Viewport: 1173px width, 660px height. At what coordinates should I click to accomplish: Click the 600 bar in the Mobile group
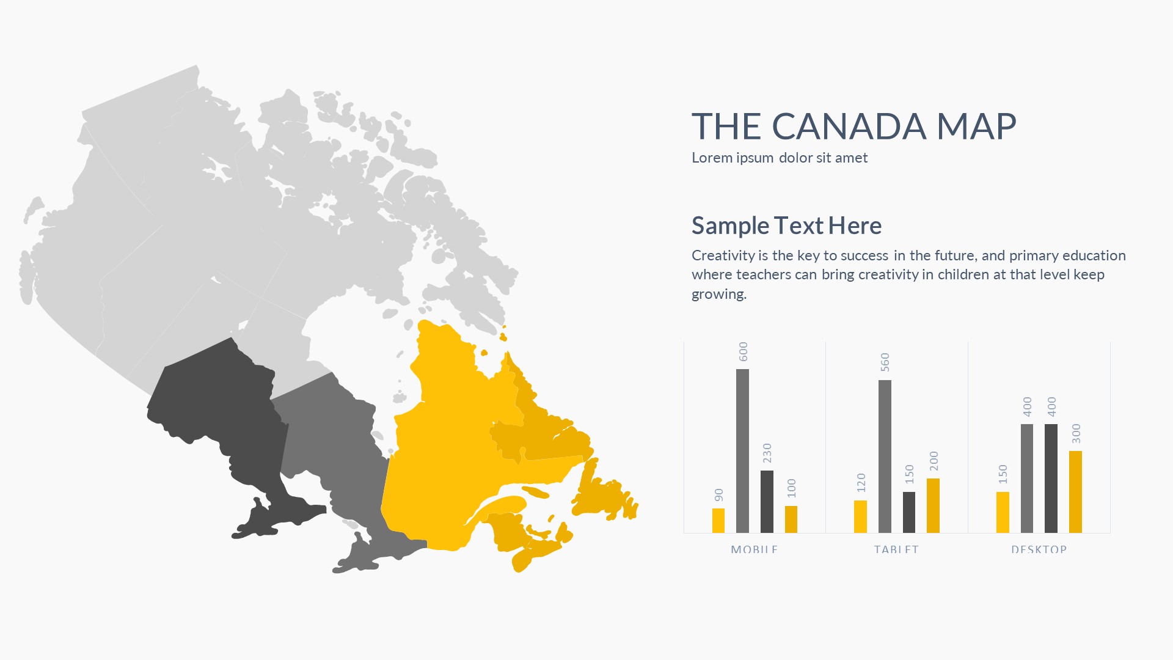[x=742, y=451]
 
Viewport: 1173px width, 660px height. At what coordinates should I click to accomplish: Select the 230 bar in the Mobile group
[x=767, y=502]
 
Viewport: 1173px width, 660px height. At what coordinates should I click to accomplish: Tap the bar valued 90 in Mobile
[x=718, y=521]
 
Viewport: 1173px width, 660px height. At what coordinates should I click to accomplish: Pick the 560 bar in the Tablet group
[x=885, y=457]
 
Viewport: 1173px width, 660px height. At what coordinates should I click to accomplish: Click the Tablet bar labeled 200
[x=933, y=506]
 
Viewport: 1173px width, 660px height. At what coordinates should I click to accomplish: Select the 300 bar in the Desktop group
[x=1075, y=492]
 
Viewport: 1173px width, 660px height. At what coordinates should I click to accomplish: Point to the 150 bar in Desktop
[x=1003, y=513]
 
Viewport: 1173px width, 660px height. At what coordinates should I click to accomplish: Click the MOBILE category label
[x=754, y=549]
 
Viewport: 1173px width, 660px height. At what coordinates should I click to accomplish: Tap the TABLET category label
[x=896, y=549]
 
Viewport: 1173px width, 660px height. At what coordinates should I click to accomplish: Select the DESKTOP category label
[x=1039, y=549]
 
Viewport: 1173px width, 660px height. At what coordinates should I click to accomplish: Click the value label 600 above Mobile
[x=744, y=351]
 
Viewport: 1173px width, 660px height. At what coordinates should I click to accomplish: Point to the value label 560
[x=885, y=362]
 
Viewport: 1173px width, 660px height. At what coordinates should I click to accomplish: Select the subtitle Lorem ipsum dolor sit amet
[x=780, y=158]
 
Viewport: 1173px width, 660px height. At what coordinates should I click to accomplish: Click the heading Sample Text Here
[x=787, y=226]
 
